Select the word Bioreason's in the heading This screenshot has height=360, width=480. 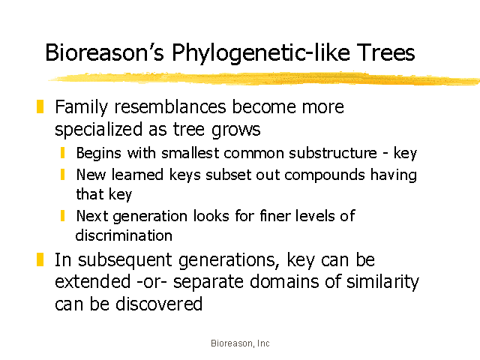click(x=105, y=52)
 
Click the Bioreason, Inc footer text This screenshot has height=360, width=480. click(x=240, y=343)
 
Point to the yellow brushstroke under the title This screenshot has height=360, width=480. click(x=264, y=78)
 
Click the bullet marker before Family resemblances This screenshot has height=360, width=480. click(x=40, y=106)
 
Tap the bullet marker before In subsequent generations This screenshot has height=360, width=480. click(x=40, y=259)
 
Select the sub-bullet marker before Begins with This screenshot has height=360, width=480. click(x=63, y=153)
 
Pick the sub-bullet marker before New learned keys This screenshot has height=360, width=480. click(x=63, y=175)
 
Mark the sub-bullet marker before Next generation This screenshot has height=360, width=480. click(x=63, y=215)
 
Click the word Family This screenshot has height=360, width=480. click(x=82, y=107)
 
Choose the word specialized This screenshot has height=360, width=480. click(x=98, y=130)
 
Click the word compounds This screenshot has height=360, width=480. click(x=325, y=175)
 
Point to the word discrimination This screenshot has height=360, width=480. click(x=124, y=235)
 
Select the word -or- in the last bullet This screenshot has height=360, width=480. click(x=151, y=282)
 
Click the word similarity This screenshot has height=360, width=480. click(x=382, y=282)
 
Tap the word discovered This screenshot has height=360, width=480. click(x=159, y=304)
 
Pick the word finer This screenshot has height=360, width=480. click(x=274, y=215)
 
